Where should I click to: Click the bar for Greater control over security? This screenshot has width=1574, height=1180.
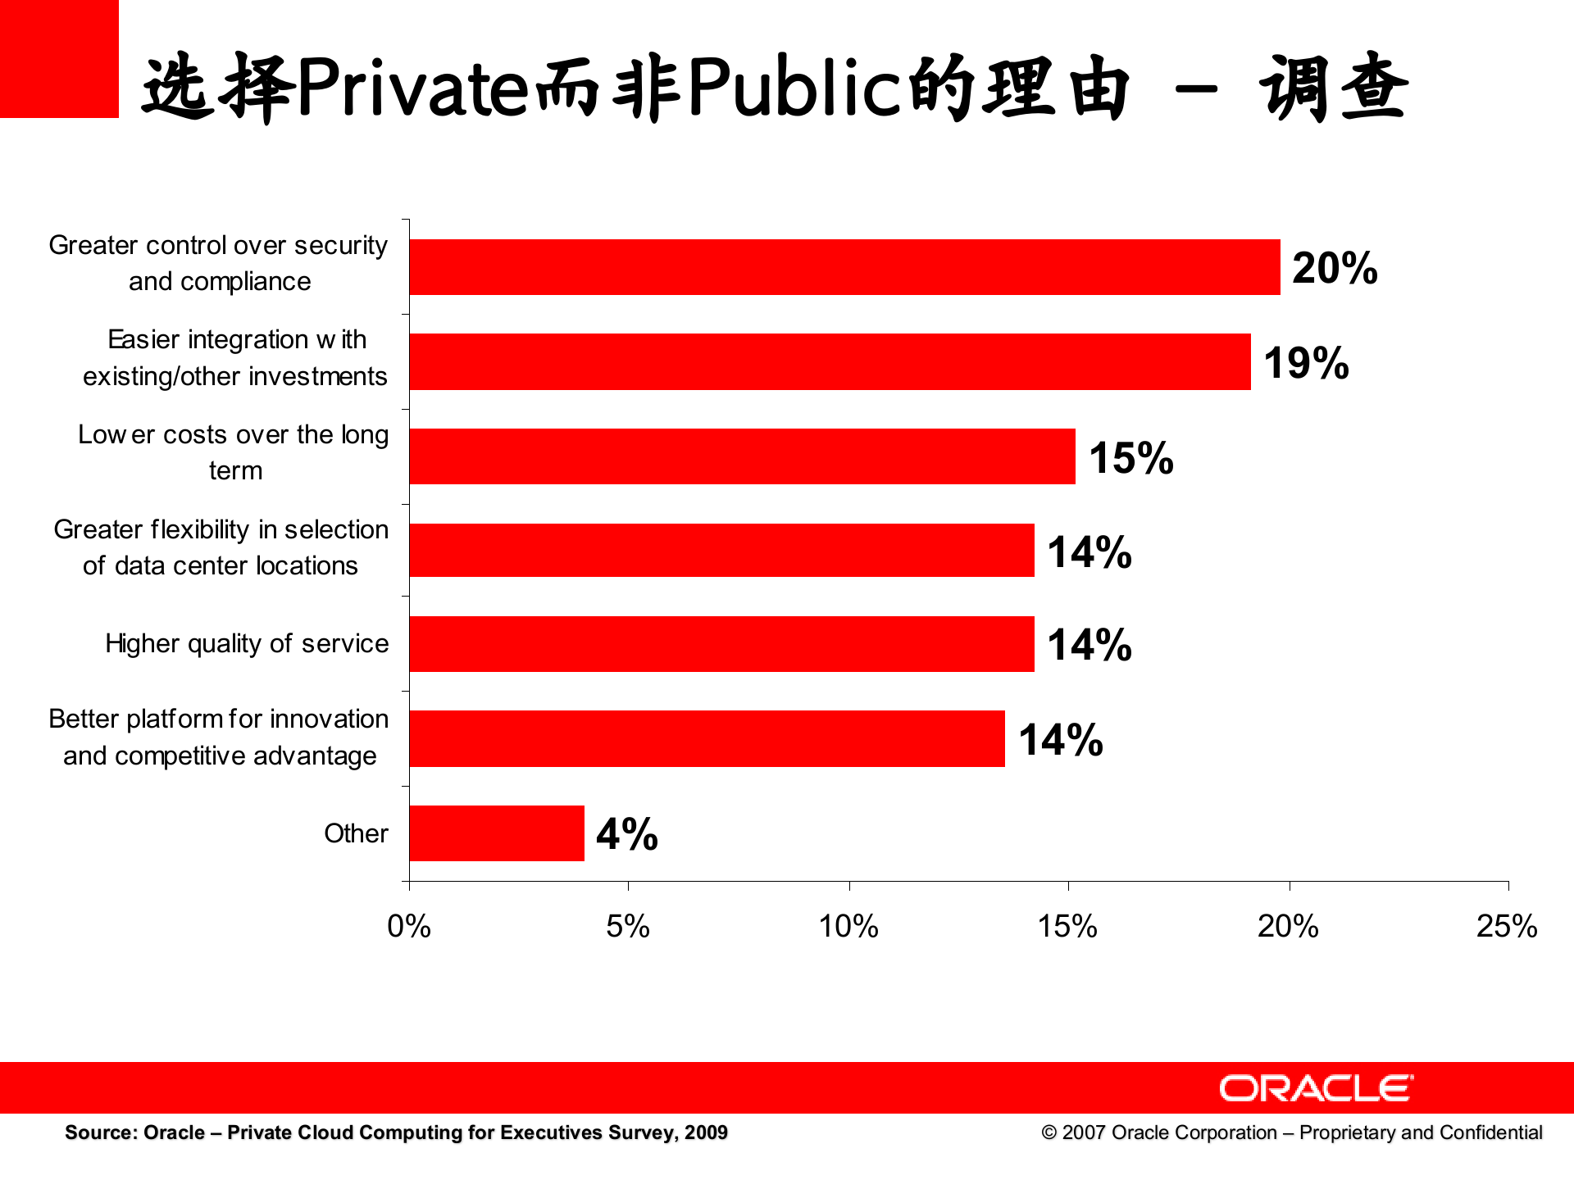(x=844, y=267)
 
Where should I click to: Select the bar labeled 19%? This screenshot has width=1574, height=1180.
(x=830, y=361)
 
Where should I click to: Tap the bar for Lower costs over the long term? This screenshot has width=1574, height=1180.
(x=742, y=456)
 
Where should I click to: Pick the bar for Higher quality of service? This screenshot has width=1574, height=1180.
(x=721, y=644)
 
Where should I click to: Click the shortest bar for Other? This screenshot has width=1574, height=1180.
(x=497, y=833)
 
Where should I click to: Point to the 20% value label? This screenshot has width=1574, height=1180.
(x=1335, y=268)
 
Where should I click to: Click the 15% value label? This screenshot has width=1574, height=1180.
(x=1130, y=457)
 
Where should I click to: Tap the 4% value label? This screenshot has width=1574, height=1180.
(x=627, y=834)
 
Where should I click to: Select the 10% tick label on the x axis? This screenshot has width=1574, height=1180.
(x=848, y=927)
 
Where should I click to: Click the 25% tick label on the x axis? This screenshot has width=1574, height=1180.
(x=1507, y=927)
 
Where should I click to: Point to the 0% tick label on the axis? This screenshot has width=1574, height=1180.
(x=409, y=927)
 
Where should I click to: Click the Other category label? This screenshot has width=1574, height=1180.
(x=356, y=833)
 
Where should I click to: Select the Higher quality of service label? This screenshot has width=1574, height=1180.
(x=247, y=643)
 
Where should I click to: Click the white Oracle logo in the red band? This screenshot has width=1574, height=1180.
(x=1316, y=1088)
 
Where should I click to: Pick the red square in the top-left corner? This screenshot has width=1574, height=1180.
(x=59, y=59)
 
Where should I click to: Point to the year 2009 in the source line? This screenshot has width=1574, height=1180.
(x=706, y=1132)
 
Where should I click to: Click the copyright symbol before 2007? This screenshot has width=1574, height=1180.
(x=1049, y=1132)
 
